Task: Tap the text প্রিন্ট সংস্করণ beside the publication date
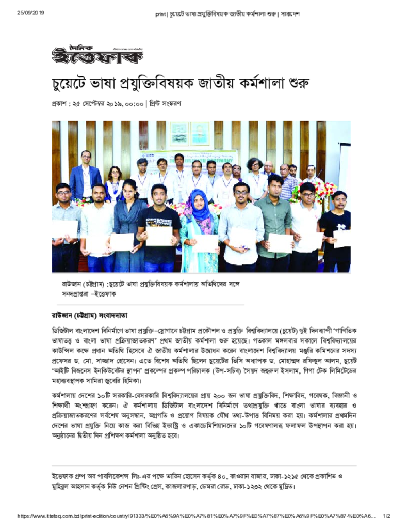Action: click(x=165, y=103)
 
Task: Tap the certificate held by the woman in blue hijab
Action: click(x=205, y=243)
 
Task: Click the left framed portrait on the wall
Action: click(x=179, y=134)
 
